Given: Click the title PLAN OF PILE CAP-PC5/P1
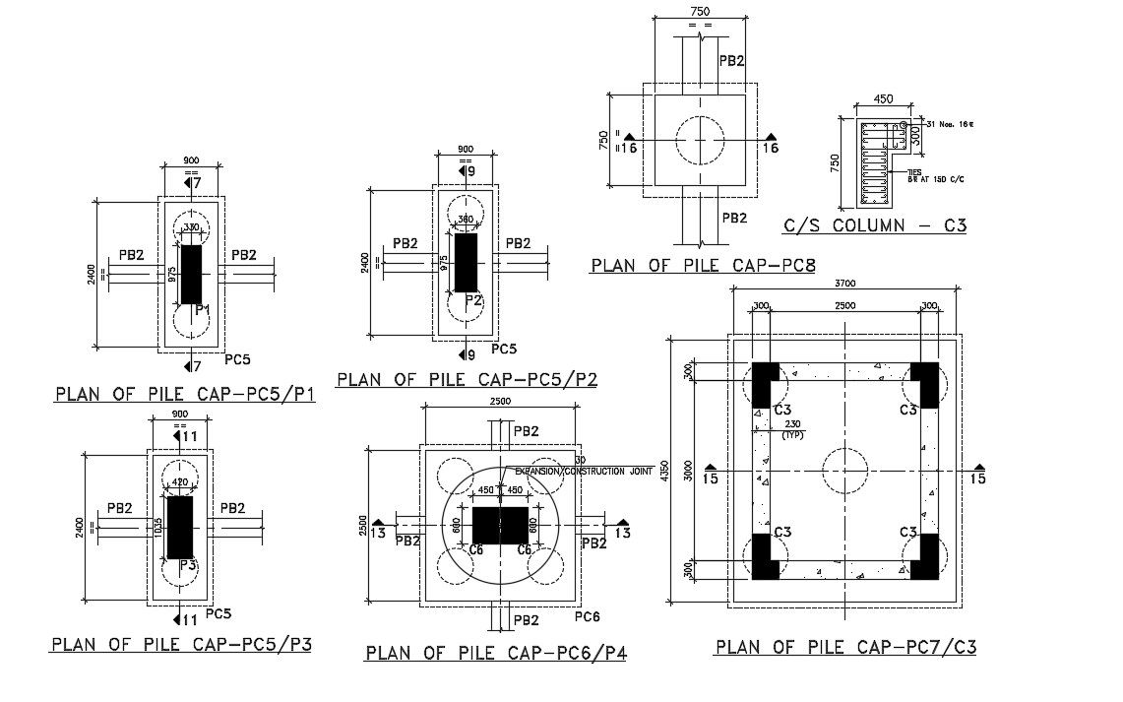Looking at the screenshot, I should [184, 395].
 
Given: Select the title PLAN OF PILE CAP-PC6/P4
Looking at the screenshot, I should [496, 652].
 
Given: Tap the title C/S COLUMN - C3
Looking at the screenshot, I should [875, 225].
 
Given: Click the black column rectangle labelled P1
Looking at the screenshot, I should [192, 275].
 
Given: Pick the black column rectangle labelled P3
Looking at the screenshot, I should [179, 526].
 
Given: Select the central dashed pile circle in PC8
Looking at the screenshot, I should [700, 140].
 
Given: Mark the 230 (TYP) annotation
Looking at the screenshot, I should [790, 429].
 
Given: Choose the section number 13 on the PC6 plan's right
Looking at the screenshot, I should [622, 534].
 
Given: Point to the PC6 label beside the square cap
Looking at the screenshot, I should [588, 616].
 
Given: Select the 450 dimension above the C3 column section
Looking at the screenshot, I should [870, 98].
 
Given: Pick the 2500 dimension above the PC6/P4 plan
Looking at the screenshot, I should [501, 402].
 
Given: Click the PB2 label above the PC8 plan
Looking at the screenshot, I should [731, 61].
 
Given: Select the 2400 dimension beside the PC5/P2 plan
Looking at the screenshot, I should [365, 262].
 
